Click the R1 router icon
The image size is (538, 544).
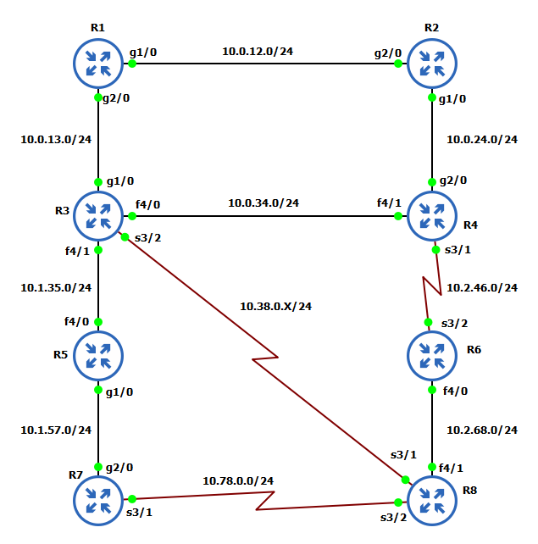[99, 63]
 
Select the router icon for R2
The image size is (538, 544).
[433, 63]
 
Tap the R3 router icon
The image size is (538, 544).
[99, 215]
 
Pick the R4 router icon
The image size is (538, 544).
[433, 215]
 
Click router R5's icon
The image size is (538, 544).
[99, 355]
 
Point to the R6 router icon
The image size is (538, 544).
[433, 355]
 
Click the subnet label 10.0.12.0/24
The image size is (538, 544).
[258, 52]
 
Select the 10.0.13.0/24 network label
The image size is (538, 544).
[56, 139]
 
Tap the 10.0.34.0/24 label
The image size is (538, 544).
[263, 203]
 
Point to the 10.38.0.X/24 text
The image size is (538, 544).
[275, 306]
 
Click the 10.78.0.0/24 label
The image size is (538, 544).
[238, 480]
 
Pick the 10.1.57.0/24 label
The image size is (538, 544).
[56, 430]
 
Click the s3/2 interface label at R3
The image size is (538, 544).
[147, 236]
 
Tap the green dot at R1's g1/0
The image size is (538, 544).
[132, 63]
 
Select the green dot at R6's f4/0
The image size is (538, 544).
[433, 391]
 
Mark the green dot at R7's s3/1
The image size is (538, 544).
[132, 500]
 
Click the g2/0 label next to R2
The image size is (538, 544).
[389, 53]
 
